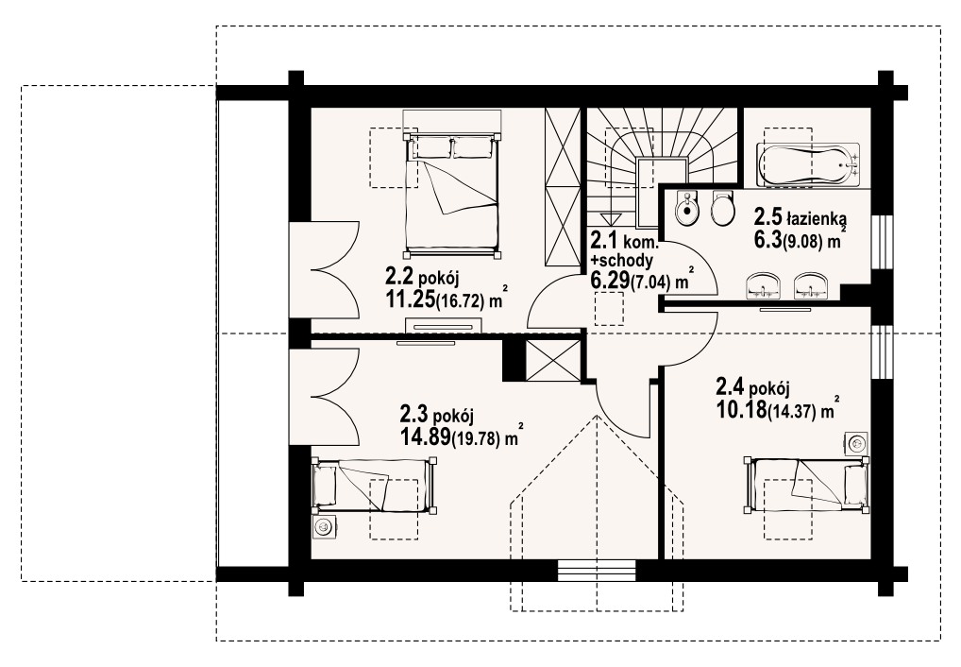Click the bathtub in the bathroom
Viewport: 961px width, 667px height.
[808, 164]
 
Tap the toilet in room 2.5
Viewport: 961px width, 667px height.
[723, 208]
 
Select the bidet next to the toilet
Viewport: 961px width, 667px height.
[686, 208]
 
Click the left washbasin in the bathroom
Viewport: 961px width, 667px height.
[763, 286]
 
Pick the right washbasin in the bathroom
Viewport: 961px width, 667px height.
[811, 286]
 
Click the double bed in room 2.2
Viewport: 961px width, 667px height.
[452, 183]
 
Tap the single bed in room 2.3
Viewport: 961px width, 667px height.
[374, 487]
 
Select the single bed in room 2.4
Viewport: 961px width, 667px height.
[806, 484]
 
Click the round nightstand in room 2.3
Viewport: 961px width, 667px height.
[324, 526]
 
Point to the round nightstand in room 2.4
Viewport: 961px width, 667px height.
[857, 443]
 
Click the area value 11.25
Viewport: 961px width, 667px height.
[409, 299]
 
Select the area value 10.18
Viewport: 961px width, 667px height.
[740, 408]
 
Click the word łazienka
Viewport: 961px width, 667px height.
[817, 217]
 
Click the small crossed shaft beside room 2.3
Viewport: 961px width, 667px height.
[552, 360]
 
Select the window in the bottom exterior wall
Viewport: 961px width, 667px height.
[599, 570]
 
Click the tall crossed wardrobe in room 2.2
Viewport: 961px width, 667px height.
[562, 188]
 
